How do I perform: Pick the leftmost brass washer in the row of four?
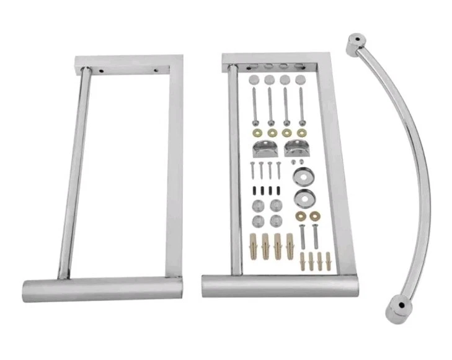pyautogui.click(x=256, y=133)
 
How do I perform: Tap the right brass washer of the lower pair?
pyautogui.click(x=315, y=215)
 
